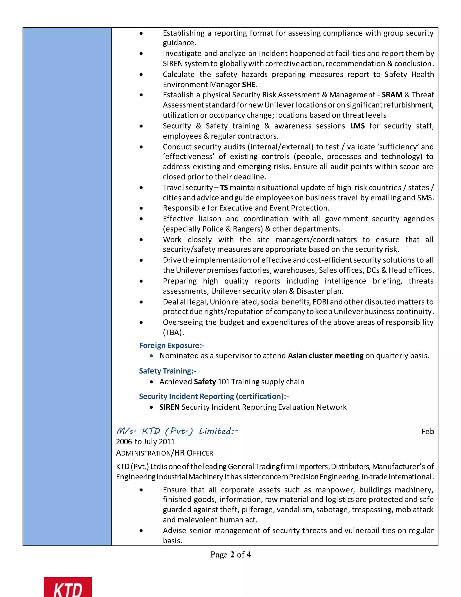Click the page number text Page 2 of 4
(230, 555)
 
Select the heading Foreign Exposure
(172, 346)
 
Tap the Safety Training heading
(167, 371)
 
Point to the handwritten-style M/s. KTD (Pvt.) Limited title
(177, 431)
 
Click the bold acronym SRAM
(392, 95)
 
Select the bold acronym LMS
(357, 126)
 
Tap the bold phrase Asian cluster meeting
(325, 356)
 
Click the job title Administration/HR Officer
(164, 453)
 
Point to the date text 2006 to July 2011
(145, 442)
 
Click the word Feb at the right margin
(427, 432)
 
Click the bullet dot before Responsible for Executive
(141, 208)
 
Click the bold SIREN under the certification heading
(169, 407)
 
